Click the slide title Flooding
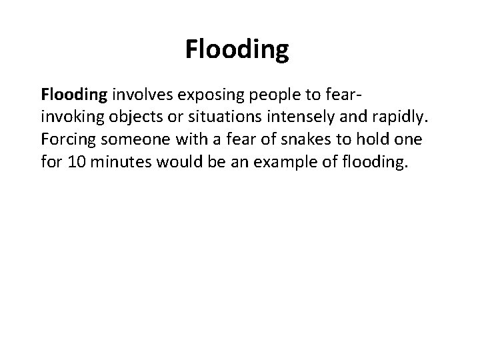click(237, 49)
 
